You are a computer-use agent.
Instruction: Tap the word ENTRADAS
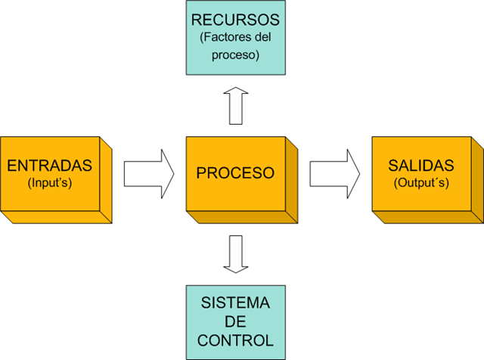[x=49, y=166]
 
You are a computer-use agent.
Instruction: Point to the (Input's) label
[x=49, y=182]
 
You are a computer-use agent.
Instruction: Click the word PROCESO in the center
[x=235, y=173]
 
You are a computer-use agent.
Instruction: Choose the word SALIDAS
[x=420, y=166]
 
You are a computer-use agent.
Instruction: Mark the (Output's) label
[x=420, y=182]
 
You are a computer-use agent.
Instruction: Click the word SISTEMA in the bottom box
[x=234, y=303]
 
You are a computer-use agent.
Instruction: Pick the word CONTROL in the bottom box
[x=234, y=340]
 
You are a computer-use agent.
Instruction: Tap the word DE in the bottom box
[x=234, y=321]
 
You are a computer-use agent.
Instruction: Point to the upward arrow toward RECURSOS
[x=235, y=105]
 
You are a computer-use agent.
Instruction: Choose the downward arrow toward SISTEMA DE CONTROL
[x=235, y=253]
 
